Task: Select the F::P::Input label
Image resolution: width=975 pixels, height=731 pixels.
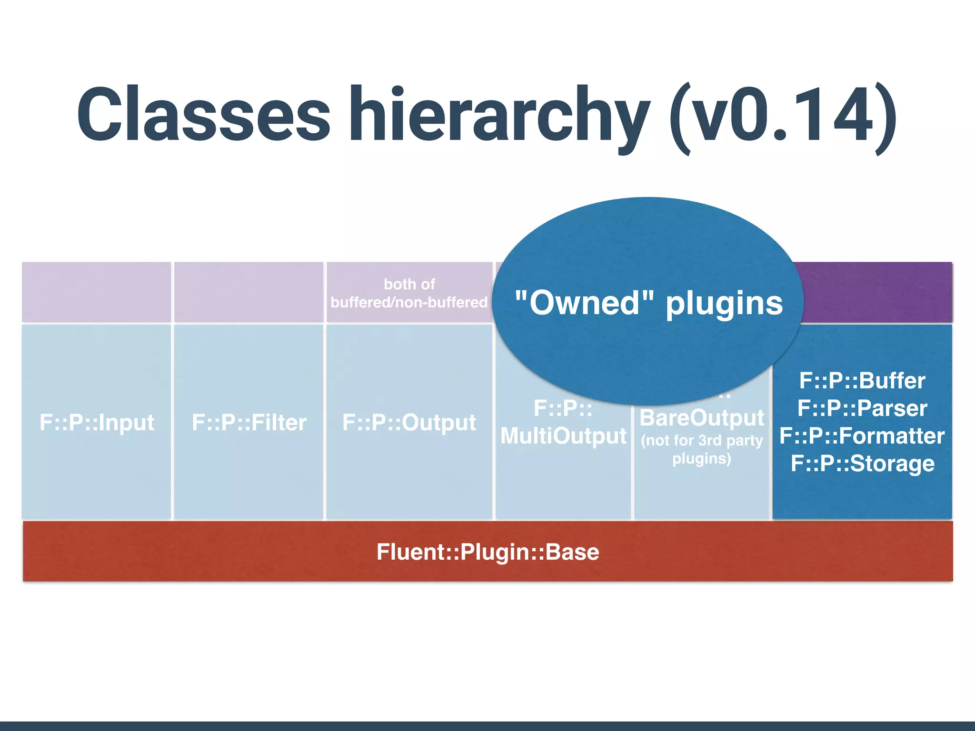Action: [x=97, y=423]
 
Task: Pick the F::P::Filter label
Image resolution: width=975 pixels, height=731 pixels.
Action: [x=249, y=423]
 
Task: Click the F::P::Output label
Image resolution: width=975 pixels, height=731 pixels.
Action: [x=409, y=423]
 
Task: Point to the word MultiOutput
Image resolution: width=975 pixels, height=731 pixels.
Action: [x=563, y=436]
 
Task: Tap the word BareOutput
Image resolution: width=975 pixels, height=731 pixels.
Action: [x=702, y=418]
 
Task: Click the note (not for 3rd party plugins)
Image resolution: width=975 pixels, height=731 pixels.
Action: [x=702, y=449]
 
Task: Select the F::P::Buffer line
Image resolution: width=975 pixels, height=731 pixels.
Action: [x=862, y=381]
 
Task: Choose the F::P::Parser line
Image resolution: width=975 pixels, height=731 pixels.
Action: [x=862, y=408]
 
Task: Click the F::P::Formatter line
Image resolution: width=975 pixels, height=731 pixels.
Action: [x=862, y=436]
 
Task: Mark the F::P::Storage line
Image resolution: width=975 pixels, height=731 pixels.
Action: [x=862, y=464]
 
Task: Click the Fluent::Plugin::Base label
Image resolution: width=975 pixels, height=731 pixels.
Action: [x=487, y=552]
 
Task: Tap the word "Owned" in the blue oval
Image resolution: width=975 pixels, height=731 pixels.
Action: [x=584, y=303]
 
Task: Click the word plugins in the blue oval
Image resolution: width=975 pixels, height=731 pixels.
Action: [x=724, y=304]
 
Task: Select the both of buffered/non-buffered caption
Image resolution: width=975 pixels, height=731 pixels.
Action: [x=409, y=293]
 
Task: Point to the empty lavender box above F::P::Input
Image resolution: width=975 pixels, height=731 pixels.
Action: [x=97, y=292]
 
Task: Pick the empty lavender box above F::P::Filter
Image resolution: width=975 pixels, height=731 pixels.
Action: [x=249, y=292]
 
